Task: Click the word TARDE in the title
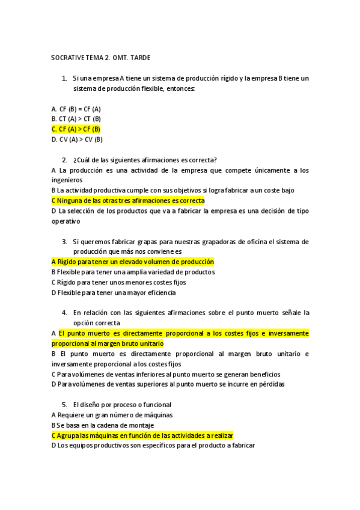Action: (x=138, y=58)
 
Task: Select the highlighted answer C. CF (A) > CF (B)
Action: (x=76, y=129)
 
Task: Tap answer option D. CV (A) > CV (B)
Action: (x=77, y=139)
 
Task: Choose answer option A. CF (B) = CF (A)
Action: (x=76, y=108)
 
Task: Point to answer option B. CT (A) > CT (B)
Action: (x=76, y=118)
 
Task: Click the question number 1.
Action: (x=64, y=78)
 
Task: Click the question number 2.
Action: (x=64, y=159)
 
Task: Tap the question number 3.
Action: (x=64, y=242)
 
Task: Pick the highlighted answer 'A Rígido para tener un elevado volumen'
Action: (x=133, y=262)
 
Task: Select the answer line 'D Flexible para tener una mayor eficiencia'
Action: (x=114, y=293)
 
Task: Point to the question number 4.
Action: (x=64, y=313)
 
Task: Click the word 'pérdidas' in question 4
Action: (x=272, y=384)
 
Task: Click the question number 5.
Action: (x=64, y=405)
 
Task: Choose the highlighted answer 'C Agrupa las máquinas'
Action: (x=142, y=435)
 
